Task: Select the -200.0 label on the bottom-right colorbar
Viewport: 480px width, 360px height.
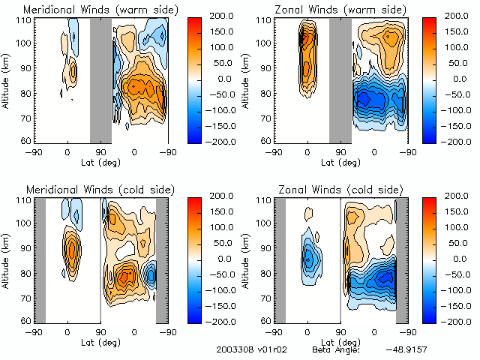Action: click(x=448, y=321)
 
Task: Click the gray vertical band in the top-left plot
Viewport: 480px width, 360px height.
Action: click(x=100, y=79)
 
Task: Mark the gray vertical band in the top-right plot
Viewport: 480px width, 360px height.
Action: click(x=340, y=79)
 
